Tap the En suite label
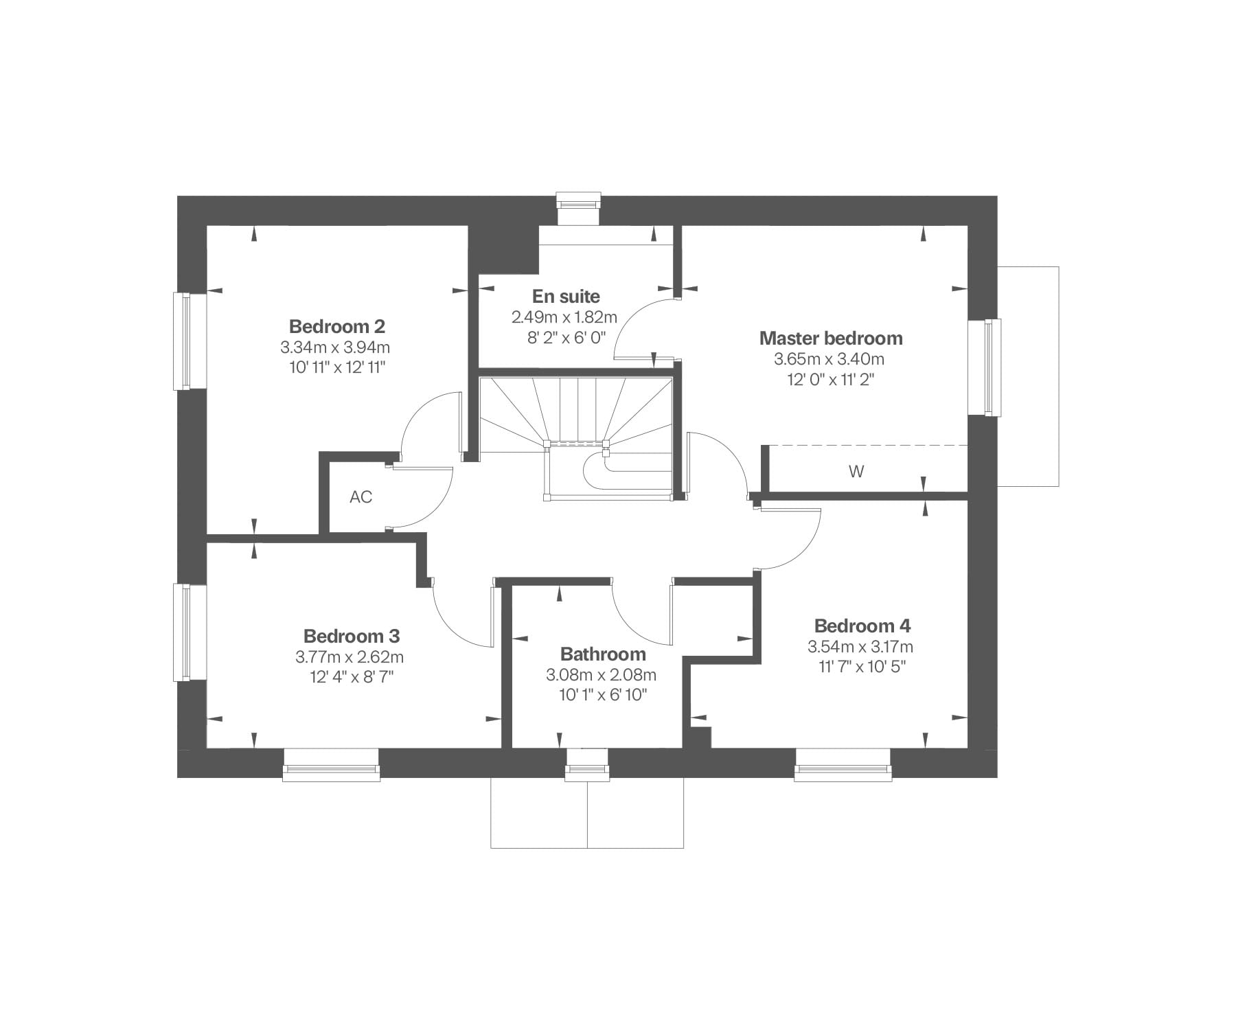click(x=566, y=297)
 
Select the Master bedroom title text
click(x=831, y=338)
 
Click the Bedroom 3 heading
click(x=352, y=636)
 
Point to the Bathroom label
click(x=603, y=654)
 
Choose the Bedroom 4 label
click(x=862, y=626)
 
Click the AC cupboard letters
click(x=360, y=496)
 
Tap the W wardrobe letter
click(x=856, y=472)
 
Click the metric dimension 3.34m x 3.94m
click(x=335, y=347)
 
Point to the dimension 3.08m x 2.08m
click(x=601, y=675)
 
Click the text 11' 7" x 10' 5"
click(x=862, y=667)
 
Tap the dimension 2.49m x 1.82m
click(x=564, y=317)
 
